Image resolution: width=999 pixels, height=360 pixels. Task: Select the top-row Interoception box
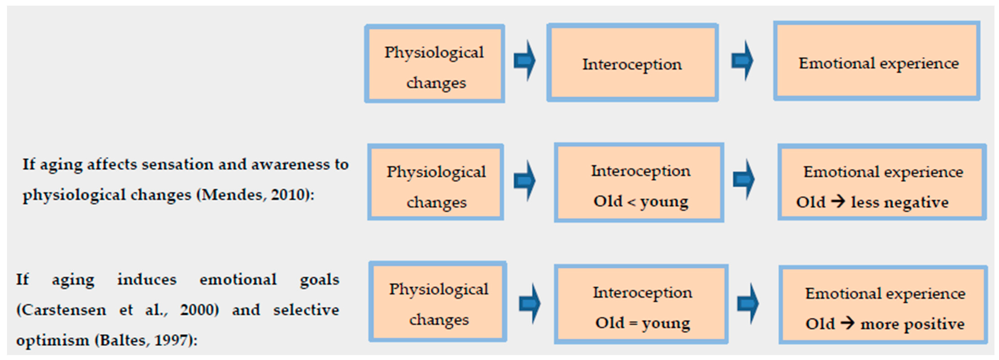[x=632, y=63]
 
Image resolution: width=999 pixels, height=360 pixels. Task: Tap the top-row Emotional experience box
[x=877, y=61]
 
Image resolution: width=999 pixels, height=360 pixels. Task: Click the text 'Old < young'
[x=641, y=201]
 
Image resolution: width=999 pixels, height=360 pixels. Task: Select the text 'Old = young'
[x=643, y=323]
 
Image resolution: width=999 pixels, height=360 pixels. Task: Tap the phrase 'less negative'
[x=900, y=202]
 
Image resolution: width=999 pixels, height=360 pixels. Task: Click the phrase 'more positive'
[x=912, y=324]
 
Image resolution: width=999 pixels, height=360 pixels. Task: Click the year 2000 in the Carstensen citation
[x=199, y=310]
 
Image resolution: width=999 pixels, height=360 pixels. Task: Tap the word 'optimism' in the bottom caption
[x=52, y=340]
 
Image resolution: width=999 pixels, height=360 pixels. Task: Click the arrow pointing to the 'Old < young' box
[x=525, y=181]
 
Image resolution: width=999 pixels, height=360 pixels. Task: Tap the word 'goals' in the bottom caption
[x=319, y=279]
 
